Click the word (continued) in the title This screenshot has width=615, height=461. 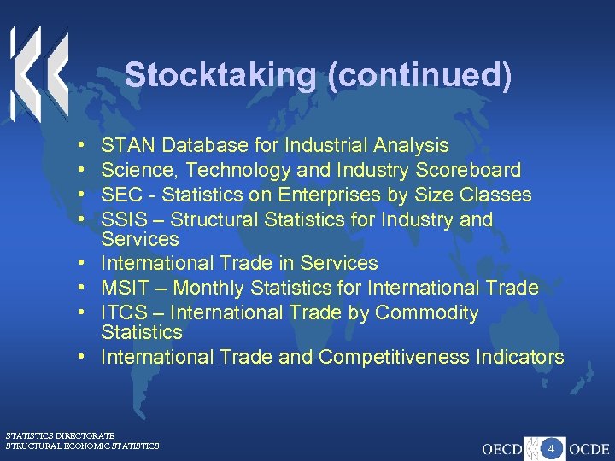point(419,75)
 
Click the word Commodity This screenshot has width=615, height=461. point(427,312)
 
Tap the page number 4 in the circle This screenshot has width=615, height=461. point(552,447)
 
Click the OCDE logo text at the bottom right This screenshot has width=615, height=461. point(589,448)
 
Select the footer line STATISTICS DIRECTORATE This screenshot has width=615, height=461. point(60,435)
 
